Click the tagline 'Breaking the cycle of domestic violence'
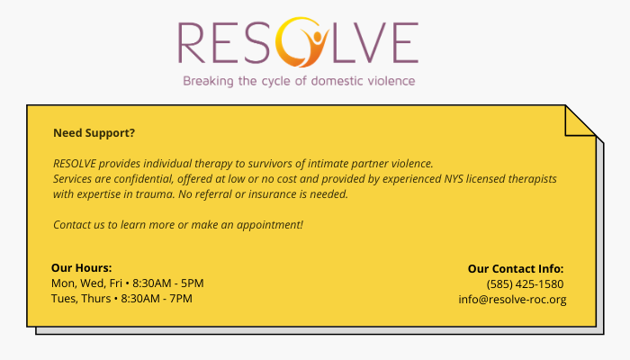[x=299, y=81]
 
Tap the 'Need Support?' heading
[x=94, y=133]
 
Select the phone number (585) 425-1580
[x=525, y=284]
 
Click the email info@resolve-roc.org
[x=512, y=300]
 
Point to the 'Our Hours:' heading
[x=82, y=268]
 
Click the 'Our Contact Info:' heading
[x=516, y=269]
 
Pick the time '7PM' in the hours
[x=182, y=299]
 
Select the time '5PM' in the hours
[x=192, y=283]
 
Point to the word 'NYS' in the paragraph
[x=454, y=179]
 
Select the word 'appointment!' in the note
[x=270, y=225]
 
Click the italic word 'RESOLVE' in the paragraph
[x=75, y=164]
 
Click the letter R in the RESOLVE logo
[x=191, y=43]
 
